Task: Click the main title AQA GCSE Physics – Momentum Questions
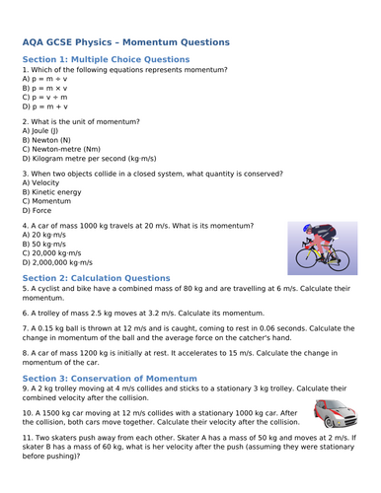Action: [x=125, y=42]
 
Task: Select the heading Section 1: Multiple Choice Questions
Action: [x=106, y=59]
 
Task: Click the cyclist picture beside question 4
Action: [x=315, y=247]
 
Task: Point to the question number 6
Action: [x=25, y=312]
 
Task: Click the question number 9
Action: [x=25, y=389]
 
